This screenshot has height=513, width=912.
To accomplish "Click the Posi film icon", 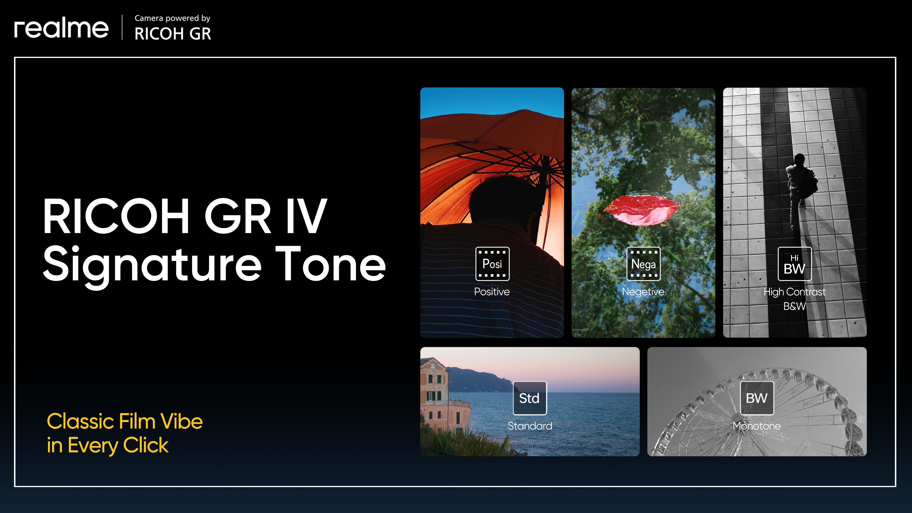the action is tap(492, 264).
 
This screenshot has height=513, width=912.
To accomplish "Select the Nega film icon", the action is tap(643, 264).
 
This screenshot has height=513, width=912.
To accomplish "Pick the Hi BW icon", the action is tap(794, 264).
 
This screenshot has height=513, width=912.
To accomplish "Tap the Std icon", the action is tap(530, 398).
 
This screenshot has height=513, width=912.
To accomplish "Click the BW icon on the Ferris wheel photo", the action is tap(757, 398).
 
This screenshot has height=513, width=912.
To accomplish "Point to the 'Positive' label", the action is tap(492, 292).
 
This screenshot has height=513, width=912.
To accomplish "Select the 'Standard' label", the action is tap(530, 426).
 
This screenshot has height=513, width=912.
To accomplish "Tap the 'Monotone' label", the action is tap(757, 426).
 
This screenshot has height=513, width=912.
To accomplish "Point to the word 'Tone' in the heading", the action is tap(331, 264).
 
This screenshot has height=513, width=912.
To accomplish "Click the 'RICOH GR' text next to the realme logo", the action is tap(173, 34).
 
